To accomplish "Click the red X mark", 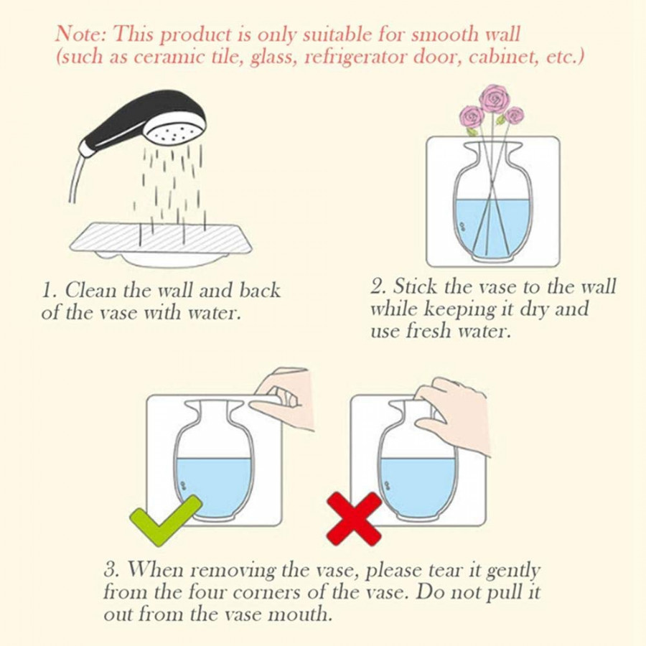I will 354,518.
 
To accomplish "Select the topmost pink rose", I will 492,98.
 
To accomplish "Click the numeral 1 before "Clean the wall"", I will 47,291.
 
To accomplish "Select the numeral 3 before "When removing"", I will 111,571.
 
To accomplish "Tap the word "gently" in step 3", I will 512,571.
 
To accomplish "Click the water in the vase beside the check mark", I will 213,481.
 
